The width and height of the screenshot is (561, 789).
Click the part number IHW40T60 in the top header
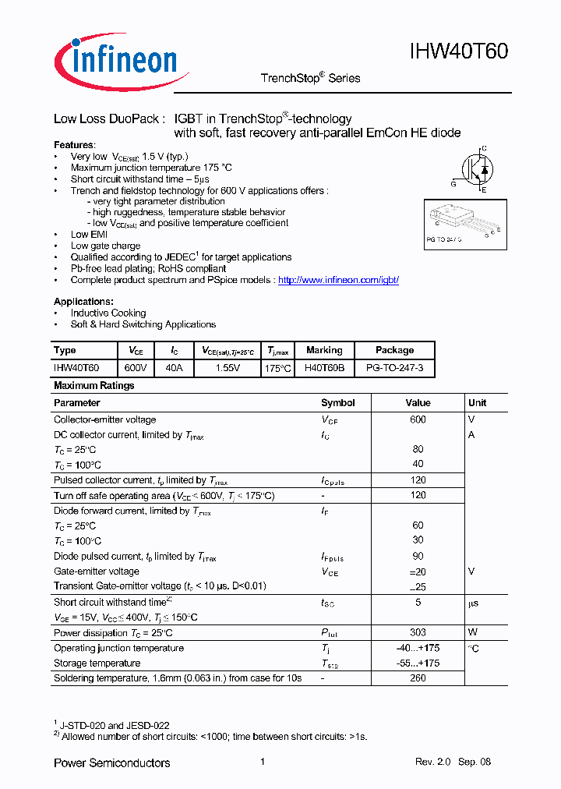tap(459, 51)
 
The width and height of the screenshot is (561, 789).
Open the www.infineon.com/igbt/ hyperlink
tap(338, 280)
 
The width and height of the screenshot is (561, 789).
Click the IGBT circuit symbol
tap(475, 168)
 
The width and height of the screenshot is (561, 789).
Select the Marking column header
tap(324, 351)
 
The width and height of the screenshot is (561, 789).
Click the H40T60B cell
tap(324, 367)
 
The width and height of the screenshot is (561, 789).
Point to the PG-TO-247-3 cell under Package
tap(394, 367)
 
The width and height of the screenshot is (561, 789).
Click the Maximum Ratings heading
tap(93, 386)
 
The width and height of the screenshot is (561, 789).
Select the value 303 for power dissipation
tap(418, 633)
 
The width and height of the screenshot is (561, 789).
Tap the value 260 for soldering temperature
tap(418, 678)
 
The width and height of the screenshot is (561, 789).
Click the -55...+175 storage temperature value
tap(418, 663)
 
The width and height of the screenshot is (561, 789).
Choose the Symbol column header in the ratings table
tap(338, 403)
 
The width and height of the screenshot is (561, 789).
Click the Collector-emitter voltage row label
tap(104, 419)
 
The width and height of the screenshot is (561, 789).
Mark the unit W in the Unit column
tap(471, 633)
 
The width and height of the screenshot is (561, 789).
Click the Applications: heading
tap(83, 302)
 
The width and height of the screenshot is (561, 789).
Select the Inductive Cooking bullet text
tap(108, 313)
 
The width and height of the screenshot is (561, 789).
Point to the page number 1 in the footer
tap(263, 762)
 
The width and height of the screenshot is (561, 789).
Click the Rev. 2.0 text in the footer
tap(432, 762)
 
